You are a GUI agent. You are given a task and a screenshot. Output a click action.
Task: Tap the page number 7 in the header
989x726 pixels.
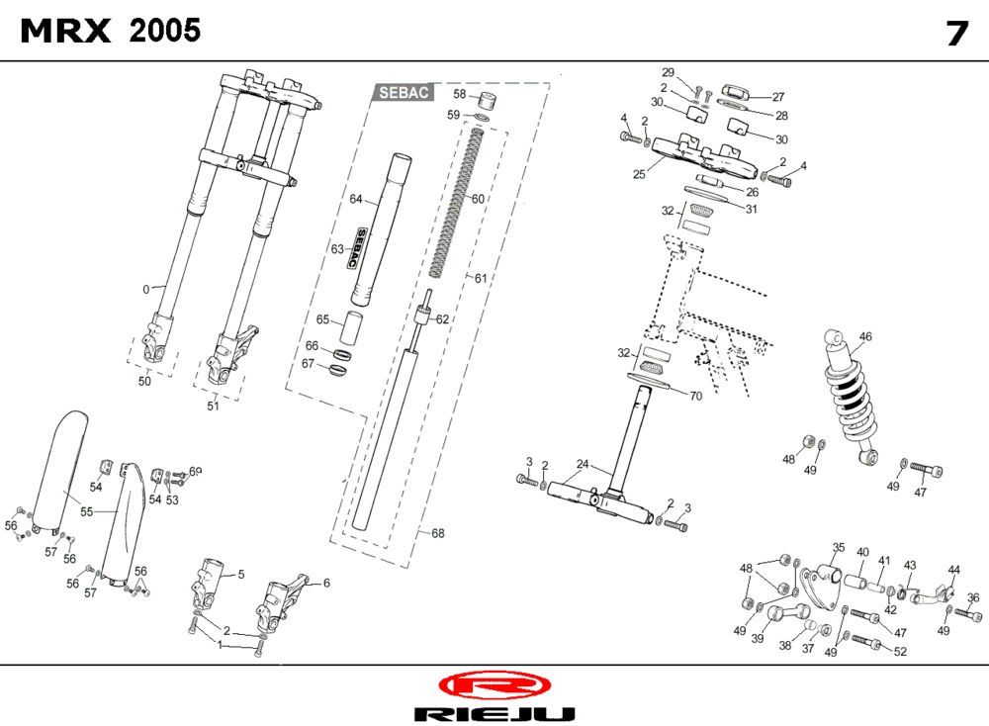coord(955,34)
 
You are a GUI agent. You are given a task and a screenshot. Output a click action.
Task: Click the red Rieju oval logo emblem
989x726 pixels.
coord(492,684)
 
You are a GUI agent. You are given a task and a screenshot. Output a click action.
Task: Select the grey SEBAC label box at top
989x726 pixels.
coord(404,92)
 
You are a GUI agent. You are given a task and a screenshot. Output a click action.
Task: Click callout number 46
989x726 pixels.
coord(865,337)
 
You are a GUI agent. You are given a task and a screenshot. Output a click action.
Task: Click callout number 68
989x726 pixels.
coord(437,533)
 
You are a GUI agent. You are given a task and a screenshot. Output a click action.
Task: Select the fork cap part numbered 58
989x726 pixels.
coord(487,102)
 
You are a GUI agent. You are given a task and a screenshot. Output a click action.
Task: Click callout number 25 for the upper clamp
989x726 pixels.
coord(639,173)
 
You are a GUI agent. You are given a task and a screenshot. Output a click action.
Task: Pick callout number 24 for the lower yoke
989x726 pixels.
coord(583,464)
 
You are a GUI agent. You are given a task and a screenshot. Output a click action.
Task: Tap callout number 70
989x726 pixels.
coord(695,397)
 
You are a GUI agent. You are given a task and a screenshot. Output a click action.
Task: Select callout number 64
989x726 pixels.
coord(357,199)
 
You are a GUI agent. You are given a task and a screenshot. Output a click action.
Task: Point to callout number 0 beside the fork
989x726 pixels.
coord(146,290)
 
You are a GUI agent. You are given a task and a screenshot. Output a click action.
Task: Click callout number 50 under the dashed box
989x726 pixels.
coord(144,382)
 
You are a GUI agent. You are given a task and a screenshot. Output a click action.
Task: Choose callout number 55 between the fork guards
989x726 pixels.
coord(86,511)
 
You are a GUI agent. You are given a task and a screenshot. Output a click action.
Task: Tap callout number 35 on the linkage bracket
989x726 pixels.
coord(839,547)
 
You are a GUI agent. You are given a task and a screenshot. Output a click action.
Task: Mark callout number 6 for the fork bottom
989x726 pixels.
coord(326,584)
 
